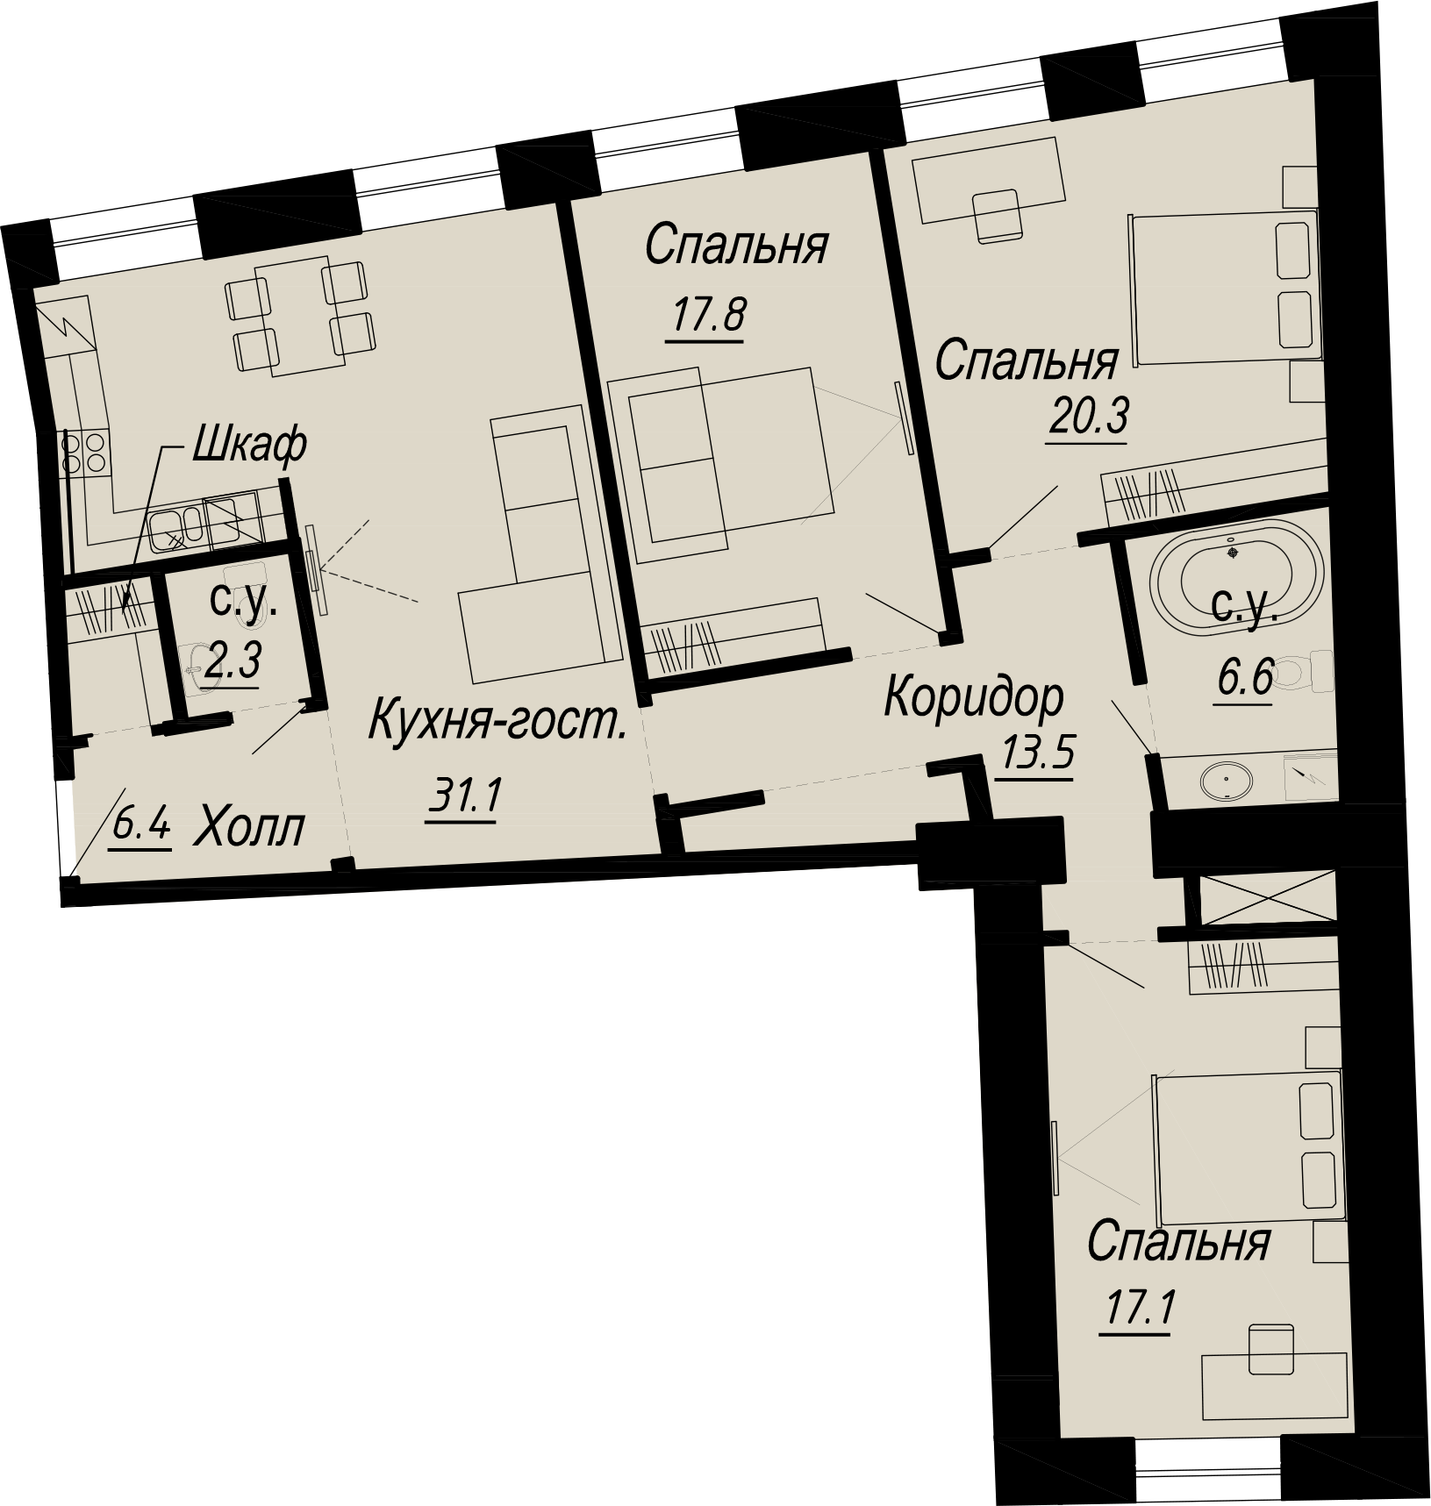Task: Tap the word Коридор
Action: point(974,698)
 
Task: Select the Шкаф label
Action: point(248,444)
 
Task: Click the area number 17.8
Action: point(706,316)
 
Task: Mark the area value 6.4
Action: point(140,828)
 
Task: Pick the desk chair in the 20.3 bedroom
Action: point(998,216)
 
